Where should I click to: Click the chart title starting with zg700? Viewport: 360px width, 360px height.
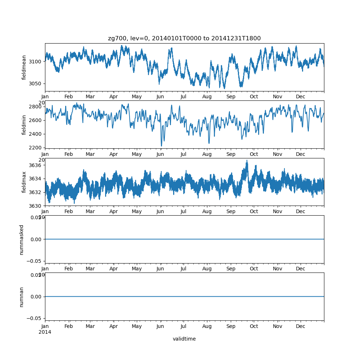(x=184, y=38)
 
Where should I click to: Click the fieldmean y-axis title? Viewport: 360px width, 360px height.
(x=24, y=67)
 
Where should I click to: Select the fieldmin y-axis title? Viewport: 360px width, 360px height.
(x=24, y=125)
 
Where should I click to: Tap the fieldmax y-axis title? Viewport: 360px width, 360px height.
(x=24, y=182)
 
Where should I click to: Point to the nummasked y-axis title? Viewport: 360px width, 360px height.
(x=22, y=239)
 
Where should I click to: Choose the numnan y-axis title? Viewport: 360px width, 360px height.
(x=22, y=297)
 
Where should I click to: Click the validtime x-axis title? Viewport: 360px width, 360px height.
(x=184, y=339)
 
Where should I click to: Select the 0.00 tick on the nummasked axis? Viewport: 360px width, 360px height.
(x=35, y=239)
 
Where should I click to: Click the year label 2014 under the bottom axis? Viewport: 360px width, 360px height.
(x=45, y=332)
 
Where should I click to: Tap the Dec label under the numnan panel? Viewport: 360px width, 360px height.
(x=301, y=327)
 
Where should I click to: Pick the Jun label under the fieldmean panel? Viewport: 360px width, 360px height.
(x=160, y=97)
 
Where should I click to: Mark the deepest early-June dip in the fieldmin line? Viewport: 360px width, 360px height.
(x=161, y=146)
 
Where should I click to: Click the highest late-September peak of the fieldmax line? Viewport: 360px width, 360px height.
(x=247, y=161)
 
